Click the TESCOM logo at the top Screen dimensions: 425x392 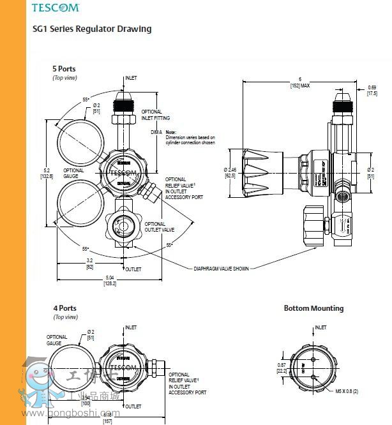(x=56, y=8)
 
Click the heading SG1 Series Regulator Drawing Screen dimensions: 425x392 (x=92, y=29)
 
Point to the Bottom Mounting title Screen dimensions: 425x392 (x=313, y=308)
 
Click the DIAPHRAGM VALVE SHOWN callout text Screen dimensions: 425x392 (x=221, y=269)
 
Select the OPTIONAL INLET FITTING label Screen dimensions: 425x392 (x=151, y=114)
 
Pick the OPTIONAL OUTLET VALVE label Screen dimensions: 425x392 (x=155, y=227)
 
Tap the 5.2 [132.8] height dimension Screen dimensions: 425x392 (x=45, y=173)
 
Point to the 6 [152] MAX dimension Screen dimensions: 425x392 (x=300, y=82)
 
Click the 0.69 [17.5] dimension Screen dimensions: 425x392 (x=372, y=90)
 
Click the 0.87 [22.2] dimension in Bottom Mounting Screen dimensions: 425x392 (x=282, y=367)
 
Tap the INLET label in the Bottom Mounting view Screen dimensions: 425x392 (x=320, y=327)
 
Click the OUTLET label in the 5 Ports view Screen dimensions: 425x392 (x=133, y=269)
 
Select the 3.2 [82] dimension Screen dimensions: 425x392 (x=90, y=264)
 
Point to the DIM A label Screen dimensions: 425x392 (x=156, y=132)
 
